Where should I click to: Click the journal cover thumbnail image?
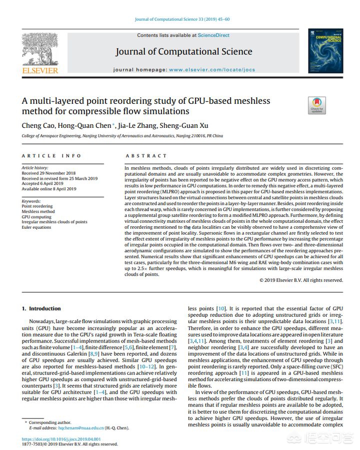click(x=325, y=51)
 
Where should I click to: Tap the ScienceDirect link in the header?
click(x=213, y=35)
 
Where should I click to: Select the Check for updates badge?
click(x=316, y=105)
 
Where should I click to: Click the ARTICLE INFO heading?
click(x=51, y=156)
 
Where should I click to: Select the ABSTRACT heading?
click(x=146, y=156)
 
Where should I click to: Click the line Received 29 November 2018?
click(x=48, y=172)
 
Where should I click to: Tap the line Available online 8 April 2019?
click(x=49, y=189)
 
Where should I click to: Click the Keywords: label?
click(x=31, y=201)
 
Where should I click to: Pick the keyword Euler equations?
click(x=36, y=227)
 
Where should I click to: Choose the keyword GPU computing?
click(x=36, y=217)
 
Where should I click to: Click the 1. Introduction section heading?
click(x=41, y=309)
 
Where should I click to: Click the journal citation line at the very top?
click(x=182, y=19)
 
